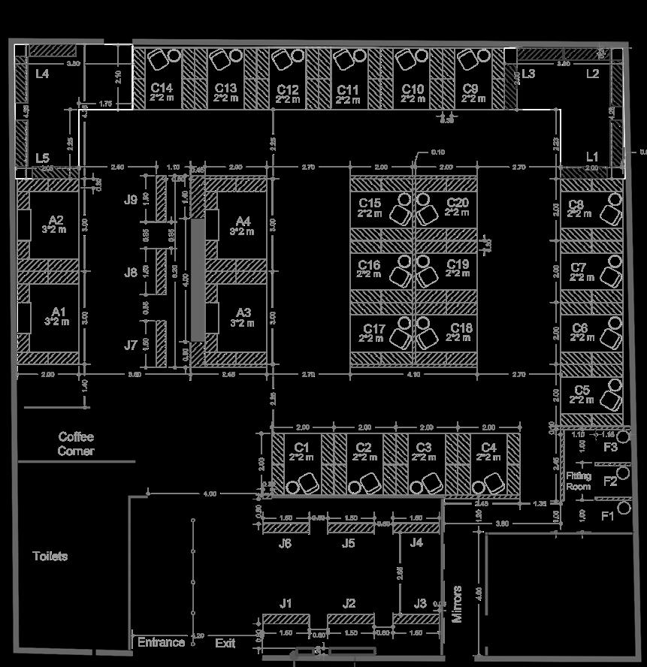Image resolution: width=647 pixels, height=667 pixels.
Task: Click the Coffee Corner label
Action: pos(76,444)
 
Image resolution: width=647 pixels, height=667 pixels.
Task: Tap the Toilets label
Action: pos(50,557)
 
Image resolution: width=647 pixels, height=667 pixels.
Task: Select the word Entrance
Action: pos(161,642)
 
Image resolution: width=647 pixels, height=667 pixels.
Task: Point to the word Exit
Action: pos(225,643)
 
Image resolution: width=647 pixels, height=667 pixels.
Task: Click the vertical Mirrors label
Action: pos(458,604)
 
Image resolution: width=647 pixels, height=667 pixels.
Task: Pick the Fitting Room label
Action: pos(579,481)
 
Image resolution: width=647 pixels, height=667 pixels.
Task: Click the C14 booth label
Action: pos(162,89)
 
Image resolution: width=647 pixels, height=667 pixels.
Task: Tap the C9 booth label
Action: pos(471,89)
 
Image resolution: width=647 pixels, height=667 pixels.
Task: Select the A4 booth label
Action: pos(242,221)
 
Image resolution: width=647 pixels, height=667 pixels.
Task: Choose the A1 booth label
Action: pos(59,312)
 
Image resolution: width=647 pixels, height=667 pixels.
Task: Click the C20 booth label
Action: pos(457,204)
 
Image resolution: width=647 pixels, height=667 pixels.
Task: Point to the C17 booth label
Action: pos(373,329)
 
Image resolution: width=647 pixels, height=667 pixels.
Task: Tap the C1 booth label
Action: pos(301,448)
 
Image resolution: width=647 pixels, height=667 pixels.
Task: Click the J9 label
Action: pos(131,200)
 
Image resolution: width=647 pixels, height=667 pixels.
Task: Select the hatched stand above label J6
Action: pos(286,528)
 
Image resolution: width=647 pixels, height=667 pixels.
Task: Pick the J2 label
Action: pos(349,603)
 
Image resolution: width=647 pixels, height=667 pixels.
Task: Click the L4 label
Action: pos(42,74)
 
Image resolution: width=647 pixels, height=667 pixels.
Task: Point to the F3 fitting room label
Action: pos(610,447)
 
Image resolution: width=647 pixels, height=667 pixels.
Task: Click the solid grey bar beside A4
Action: pos(197,279)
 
